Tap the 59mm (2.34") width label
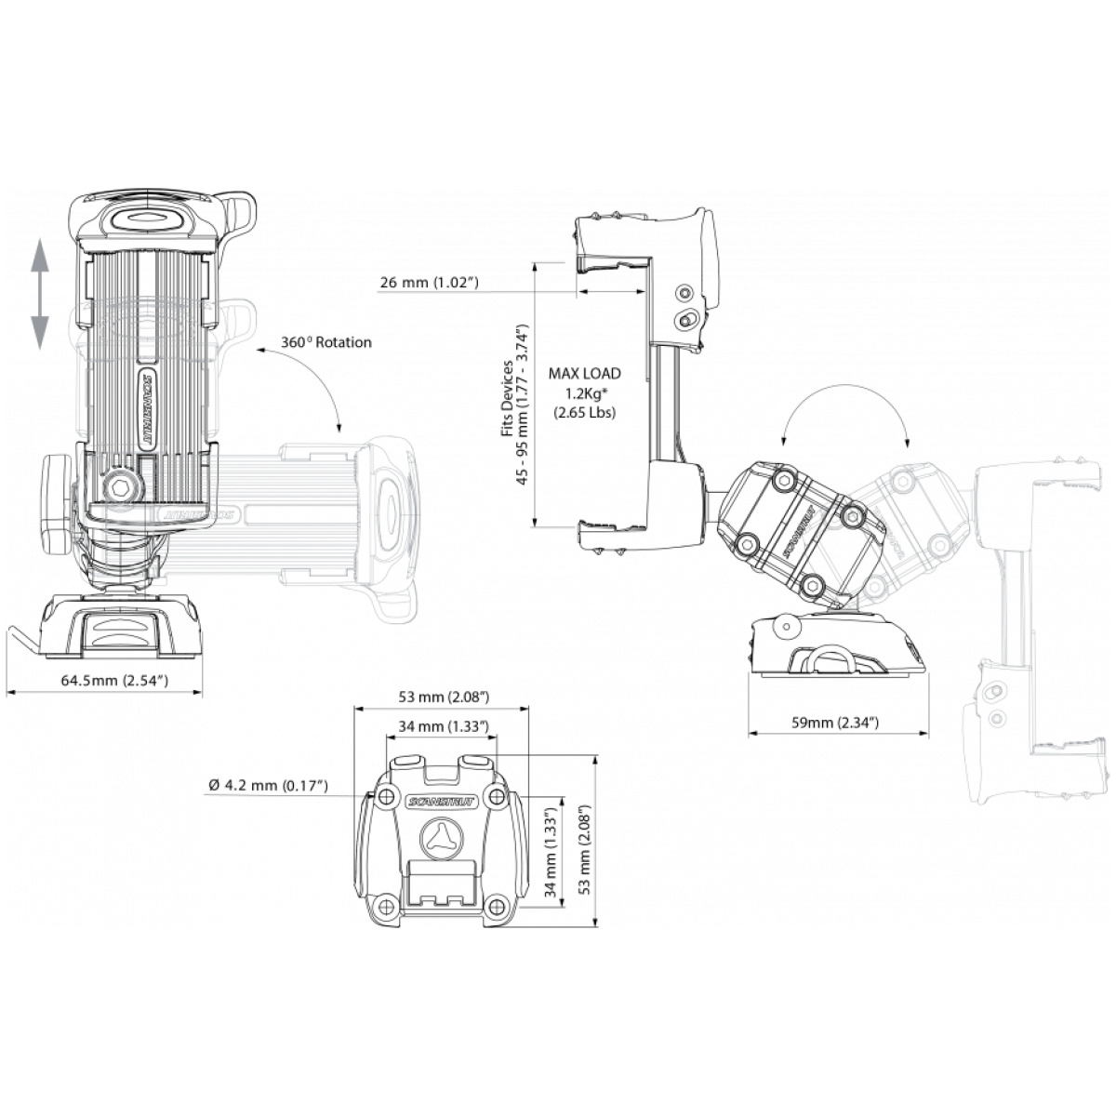point(835,723)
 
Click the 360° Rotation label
point(326,342)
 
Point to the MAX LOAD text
point(584,374)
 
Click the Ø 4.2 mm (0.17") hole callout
point(268,785)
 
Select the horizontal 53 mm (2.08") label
point(444,697)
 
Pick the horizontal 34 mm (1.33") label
point(444,726)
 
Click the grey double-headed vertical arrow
point(39,296)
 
